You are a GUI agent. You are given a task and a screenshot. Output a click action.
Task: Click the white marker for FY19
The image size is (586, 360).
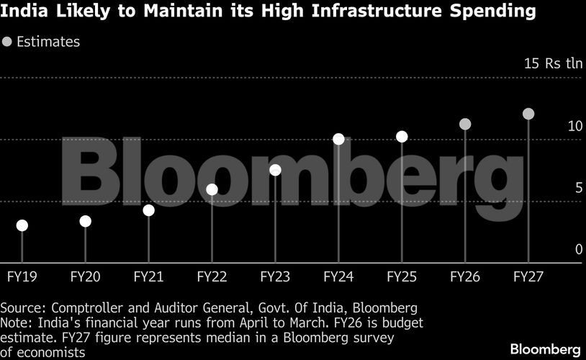click(x=22, y=225)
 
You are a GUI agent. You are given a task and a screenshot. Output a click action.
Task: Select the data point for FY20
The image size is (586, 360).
click(x=85, y=221)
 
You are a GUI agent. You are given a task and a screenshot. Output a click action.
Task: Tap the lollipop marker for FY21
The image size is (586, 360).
click(x=148, y=210)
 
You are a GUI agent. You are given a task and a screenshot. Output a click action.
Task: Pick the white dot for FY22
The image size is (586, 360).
click(x=212, y=189)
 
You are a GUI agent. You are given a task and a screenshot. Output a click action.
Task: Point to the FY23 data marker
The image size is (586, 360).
click(x=275, y=170)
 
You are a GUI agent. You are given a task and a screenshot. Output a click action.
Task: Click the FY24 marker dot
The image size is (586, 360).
click(x=338, y=139)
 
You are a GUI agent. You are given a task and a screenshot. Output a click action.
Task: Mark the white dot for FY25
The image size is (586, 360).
click(x=402, y=137)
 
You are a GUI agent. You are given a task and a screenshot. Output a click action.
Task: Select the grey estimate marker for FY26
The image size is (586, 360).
click(x=465, y=124)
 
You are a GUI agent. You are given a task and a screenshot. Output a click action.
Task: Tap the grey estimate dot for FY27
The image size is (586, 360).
click(x=528, y=114)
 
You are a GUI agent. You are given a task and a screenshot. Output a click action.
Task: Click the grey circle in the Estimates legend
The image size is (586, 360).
click(x=7, y=42)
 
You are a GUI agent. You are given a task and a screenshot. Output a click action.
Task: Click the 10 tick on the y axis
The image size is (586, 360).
click(x=574, y=126)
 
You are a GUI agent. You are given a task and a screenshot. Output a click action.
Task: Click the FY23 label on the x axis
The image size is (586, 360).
click(x=275, y=276)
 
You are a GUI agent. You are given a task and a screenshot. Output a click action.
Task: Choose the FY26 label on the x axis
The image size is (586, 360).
click(x=465, y=276)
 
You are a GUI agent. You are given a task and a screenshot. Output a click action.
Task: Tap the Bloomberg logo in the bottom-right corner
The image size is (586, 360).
click(x=545, y=349)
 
